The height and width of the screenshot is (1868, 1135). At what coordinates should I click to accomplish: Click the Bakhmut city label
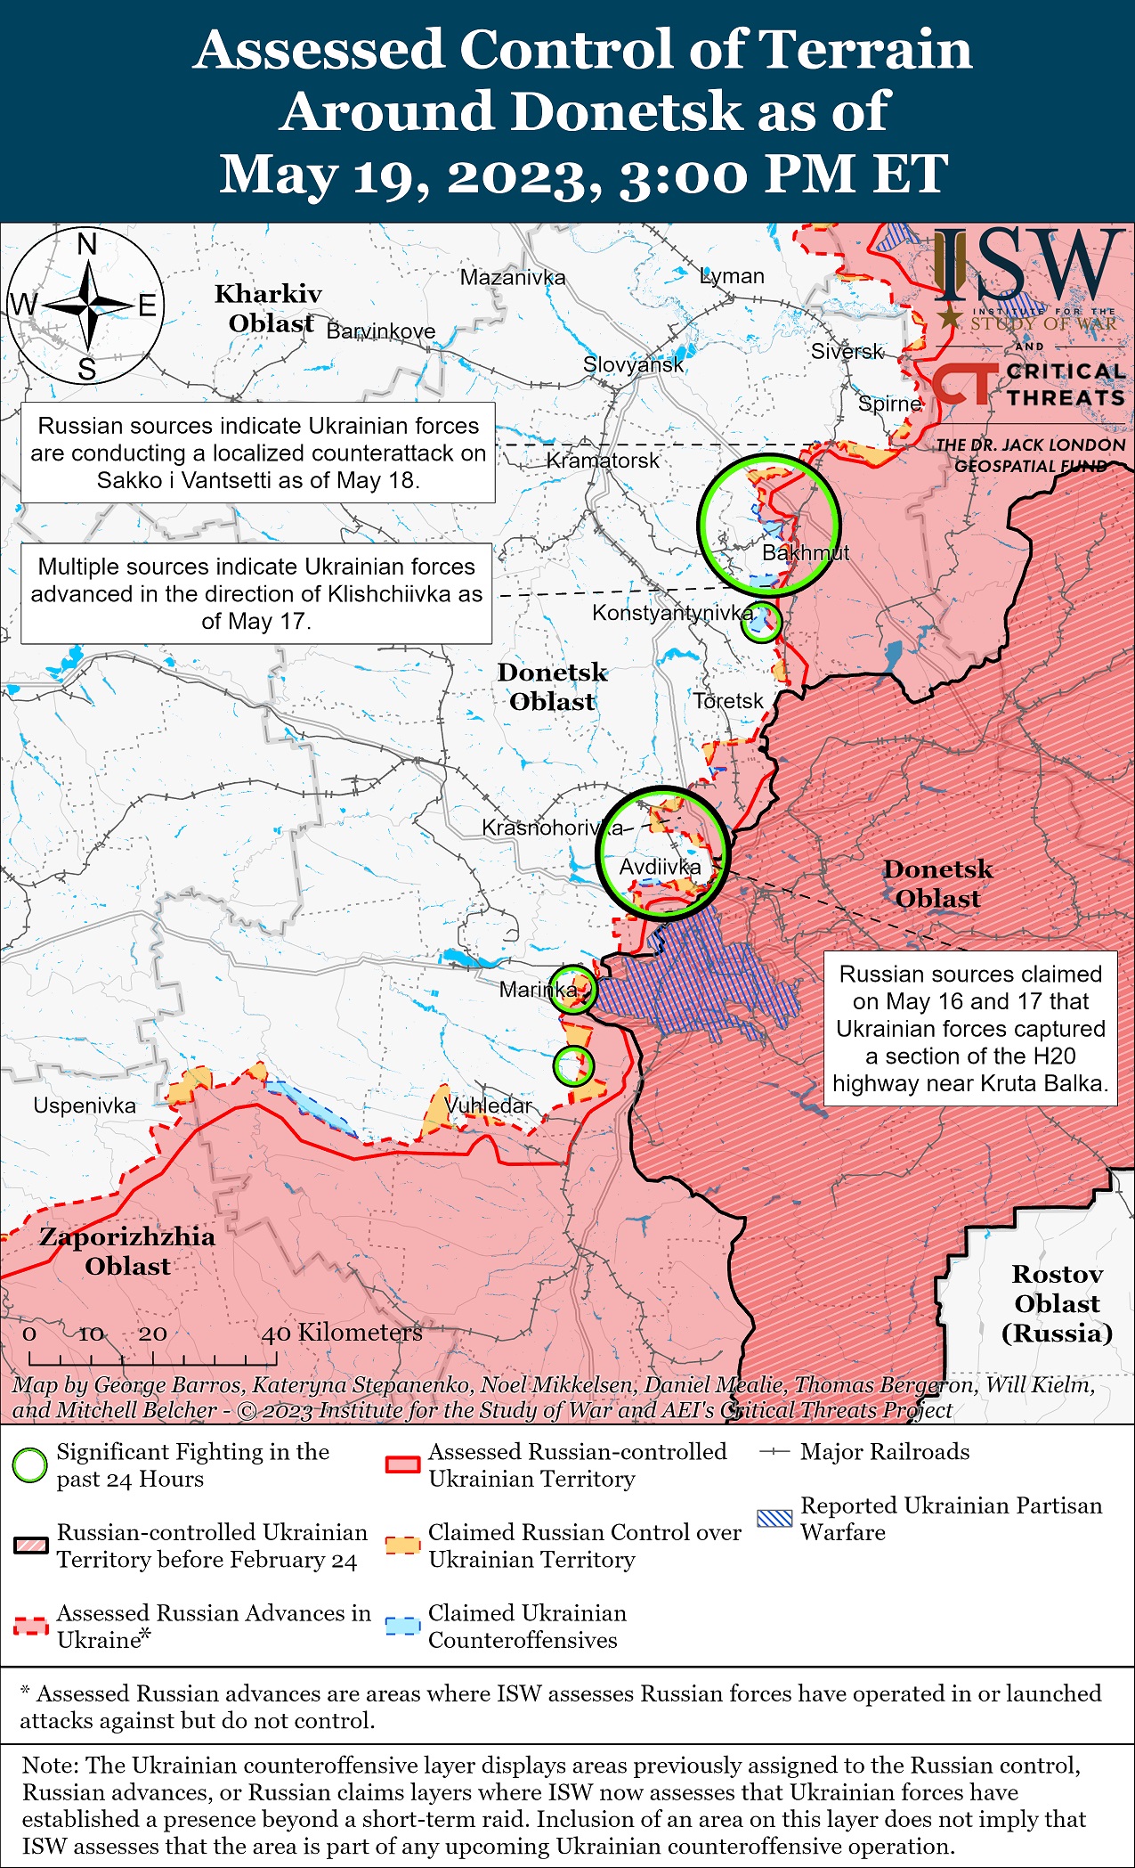[x=805, y=553]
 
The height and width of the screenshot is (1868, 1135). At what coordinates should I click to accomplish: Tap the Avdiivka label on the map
[x=660, y=867]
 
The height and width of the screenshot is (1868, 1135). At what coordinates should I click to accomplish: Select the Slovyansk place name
[x=633, y=364]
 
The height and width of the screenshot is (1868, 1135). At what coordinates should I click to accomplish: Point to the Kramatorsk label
[x=603, y=461]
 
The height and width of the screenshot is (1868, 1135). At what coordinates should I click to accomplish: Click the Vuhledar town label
[x=488, y=1105]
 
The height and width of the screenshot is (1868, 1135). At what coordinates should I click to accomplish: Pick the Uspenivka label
[x=85, y=1105]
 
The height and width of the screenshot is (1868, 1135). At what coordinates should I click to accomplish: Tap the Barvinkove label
[x=381, y=331]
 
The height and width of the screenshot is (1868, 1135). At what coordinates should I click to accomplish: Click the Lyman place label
[x=732, y=276]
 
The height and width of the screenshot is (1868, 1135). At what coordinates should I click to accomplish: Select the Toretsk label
[x=728, y=701]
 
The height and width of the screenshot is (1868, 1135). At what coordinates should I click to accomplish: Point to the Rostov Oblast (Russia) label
[x=1057, y=1303]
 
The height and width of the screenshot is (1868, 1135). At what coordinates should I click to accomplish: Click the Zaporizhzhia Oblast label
[x=127, y=1251]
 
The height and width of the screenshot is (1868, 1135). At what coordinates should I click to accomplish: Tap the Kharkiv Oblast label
[x=269, y=308]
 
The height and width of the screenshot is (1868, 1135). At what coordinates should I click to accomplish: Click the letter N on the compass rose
[x=87, y=244]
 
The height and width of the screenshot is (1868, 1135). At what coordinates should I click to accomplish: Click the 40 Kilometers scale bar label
[x=342, y=1333]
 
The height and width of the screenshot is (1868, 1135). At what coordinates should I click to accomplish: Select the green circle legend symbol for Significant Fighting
[x=30, y=1464]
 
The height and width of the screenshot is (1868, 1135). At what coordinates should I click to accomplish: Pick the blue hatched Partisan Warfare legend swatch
[x=774, y=1518]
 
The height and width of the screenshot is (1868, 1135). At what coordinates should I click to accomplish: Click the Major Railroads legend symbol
[x=774, y=1451]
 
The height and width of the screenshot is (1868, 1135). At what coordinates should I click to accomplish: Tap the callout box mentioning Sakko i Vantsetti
[x=258, y=453]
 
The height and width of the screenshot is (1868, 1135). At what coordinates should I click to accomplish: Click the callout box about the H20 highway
[x=970, y=1029]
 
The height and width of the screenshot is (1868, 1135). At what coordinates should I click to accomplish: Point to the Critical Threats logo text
[x=1066, y=385]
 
